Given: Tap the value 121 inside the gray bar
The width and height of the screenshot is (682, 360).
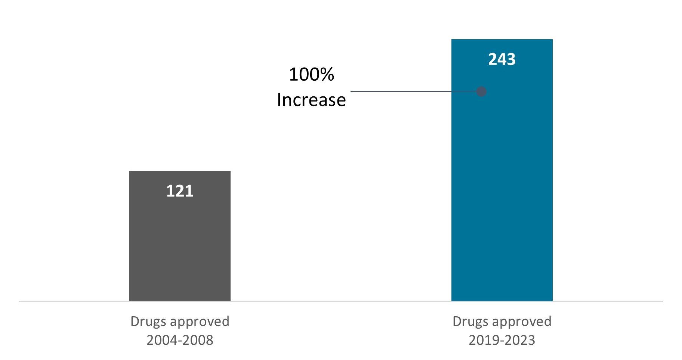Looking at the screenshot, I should [x=180, y=191].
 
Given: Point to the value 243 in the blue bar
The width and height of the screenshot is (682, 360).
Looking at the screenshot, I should [x=502, y=59].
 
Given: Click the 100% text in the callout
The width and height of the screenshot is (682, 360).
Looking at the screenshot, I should [x=311, y=74].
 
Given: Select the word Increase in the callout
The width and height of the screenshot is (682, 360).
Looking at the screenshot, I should [x=311, y=100].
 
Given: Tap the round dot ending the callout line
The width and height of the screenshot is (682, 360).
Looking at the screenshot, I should [x=481, y=91].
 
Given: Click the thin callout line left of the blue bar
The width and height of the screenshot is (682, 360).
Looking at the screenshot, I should [x=400, y=91].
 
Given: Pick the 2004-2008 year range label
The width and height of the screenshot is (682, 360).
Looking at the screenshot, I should [x=180, y=340].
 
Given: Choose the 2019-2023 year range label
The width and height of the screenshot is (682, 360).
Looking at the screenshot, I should [x=502, y=340].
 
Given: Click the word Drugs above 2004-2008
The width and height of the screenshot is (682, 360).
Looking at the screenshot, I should [x=148, y=322].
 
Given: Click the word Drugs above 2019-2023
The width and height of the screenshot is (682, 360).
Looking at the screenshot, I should [x=470, y=322].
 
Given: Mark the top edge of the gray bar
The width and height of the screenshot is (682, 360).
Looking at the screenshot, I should [x=180, y=172].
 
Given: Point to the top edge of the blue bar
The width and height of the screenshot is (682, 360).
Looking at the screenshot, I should [x=502, y=40].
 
